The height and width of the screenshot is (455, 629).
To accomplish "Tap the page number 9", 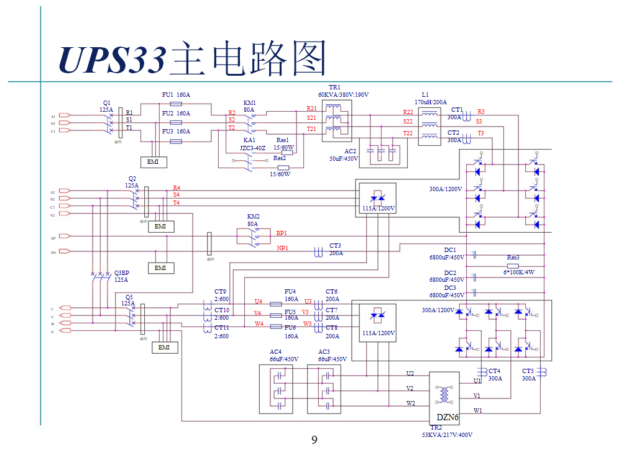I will pyautogui.click(x=314, y=440).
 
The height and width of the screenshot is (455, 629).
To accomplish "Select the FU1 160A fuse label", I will pyautogui.click(x=176, y=95).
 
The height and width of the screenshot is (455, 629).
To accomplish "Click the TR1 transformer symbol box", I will pyautogui.click(x=337, y=122).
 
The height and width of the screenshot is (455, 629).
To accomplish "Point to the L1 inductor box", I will pyautogui.click(x=429, y=125).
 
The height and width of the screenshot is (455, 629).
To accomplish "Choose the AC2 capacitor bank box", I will pyautogui.click(x=382, y=153).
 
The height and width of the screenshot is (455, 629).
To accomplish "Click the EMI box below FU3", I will pyautogui.click(x=152, y=162).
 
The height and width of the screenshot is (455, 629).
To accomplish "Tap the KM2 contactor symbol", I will pyautogui.click(x=253, y=236).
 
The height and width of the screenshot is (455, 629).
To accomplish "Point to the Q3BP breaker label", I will pyautogui.click(x=122, y=273).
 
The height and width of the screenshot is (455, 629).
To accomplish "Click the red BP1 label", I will pyautogui.click(x=282, y=233).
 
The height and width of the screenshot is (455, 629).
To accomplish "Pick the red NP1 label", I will pyautogui.click(x=282, y=248).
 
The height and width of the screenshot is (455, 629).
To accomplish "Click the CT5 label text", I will pyautogui.click(x=528, y=371).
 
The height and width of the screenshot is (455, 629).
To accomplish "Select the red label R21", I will pyautogui.click(x=311, y=109).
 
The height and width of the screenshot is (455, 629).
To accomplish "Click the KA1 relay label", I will pyautogui.click(x=250, y=140).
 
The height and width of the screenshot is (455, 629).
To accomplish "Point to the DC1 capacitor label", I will pyautogui.click(x=450, y=250).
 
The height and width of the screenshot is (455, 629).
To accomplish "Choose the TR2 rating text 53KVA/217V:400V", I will pyautogui.click(x=443, y=435).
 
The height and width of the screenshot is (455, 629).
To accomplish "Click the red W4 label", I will pyautogui.click(x=259, y=324).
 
